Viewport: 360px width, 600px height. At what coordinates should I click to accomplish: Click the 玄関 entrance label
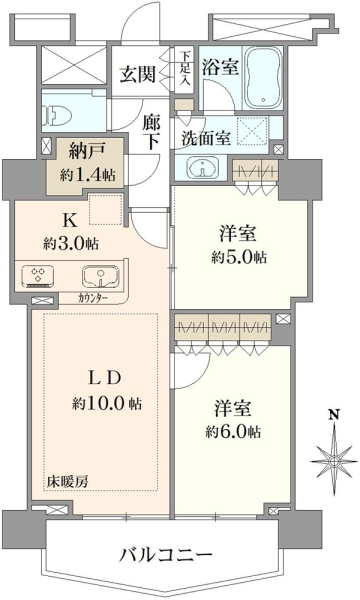[138, 74]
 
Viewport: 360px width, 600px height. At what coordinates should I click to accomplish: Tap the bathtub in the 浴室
[263, 78]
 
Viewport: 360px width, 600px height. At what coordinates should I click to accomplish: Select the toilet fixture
[58, 113]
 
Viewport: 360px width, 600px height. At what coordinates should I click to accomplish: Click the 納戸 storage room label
[86, 153]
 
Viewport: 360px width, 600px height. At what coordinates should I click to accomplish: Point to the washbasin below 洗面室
[202, 167]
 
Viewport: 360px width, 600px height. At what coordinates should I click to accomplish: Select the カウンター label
[93, 298]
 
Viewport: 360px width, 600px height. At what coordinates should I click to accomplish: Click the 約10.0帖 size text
[107, 403]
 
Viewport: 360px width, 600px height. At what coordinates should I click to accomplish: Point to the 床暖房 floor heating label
[68, 482]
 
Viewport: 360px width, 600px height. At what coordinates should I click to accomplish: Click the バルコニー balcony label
[166, 554]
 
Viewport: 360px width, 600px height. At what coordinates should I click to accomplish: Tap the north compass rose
[334, 461]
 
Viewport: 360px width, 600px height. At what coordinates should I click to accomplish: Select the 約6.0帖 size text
[233, 432]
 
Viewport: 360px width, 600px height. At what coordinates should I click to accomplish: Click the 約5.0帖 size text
[239, 257]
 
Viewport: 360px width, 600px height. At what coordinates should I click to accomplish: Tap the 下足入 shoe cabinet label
[186, 68]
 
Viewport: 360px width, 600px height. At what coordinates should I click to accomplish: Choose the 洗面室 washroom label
[206, 138]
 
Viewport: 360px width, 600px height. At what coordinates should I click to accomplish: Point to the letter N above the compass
[335, 414]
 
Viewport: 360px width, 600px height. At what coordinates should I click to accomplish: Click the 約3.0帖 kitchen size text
[70, 243]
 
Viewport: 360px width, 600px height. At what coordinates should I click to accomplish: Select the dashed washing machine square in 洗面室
[252, 130]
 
